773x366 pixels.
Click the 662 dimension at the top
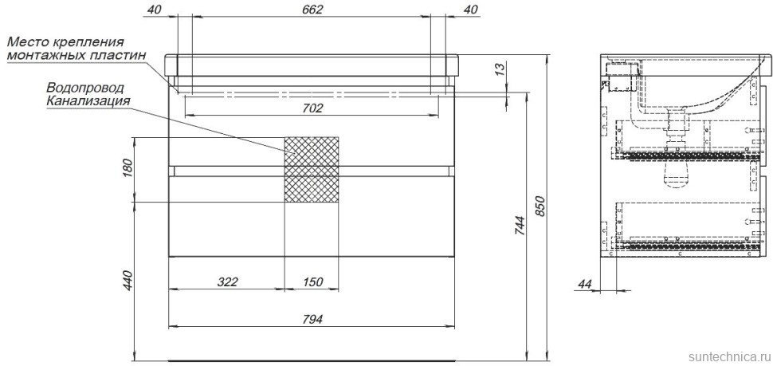pyautogui.click(x=312, y=10)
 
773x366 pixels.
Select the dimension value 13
pyautogui.click(x=500, y=73)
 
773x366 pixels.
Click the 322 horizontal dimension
pyautogui.click(x=228, y=281)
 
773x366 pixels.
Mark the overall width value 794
pyautogui.click(x=312, y=319)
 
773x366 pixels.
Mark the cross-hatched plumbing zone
pyautogui.click(x=312, y=169)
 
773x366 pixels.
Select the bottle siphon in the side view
pyautogui.click(x=677, y=171)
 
